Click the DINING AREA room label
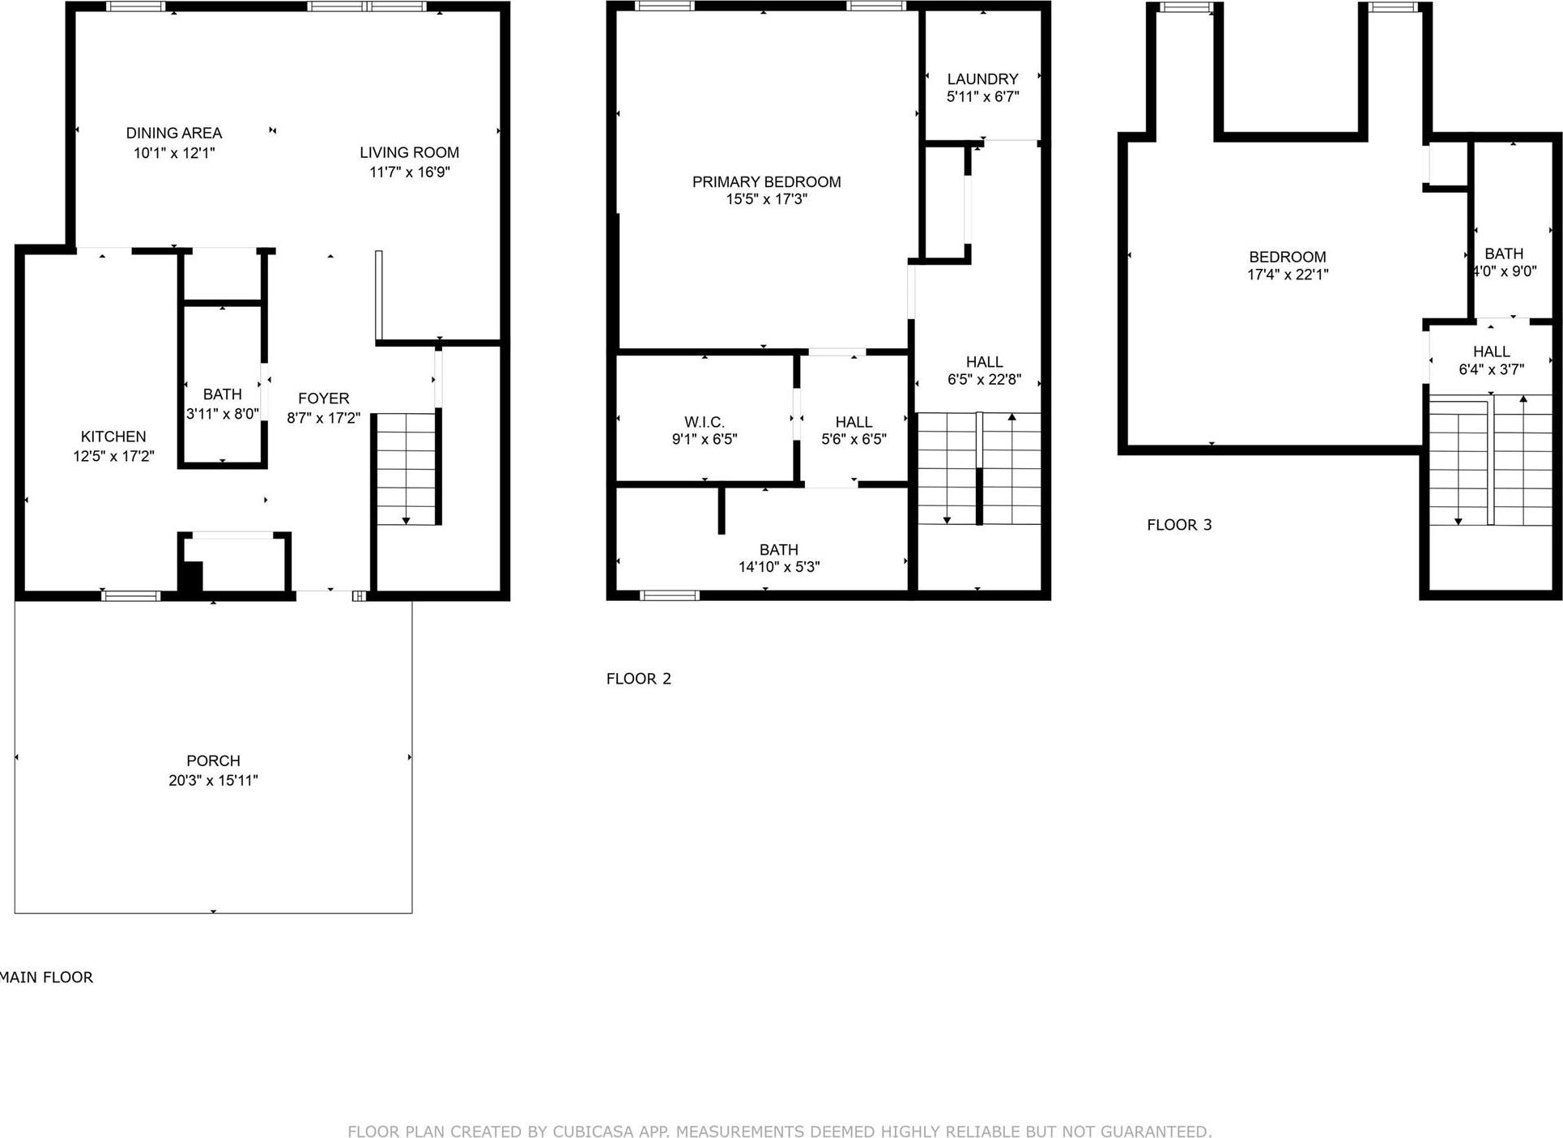173,133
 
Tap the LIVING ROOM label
409,152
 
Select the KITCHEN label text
113,437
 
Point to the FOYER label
323,399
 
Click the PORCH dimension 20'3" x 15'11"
213,781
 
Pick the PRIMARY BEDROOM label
766,182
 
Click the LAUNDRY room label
982,79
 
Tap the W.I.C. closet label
704,422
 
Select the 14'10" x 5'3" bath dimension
778,567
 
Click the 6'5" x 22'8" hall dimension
984,379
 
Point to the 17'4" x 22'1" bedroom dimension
1287,275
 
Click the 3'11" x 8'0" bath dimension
222,414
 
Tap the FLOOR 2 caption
638,679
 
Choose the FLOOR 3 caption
1179,525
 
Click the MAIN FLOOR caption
47,978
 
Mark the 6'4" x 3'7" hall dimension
1491,369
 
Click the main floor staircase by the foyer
407,468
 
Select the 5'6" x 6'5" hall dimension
854,440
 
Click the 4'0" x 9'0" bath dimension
1505,272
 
